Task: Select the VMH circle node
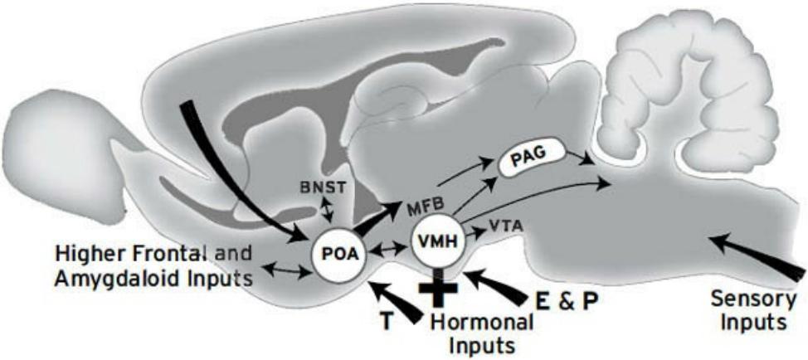[x=437, y=243]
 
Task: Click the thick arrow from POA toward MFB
[x=377, y=219]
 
